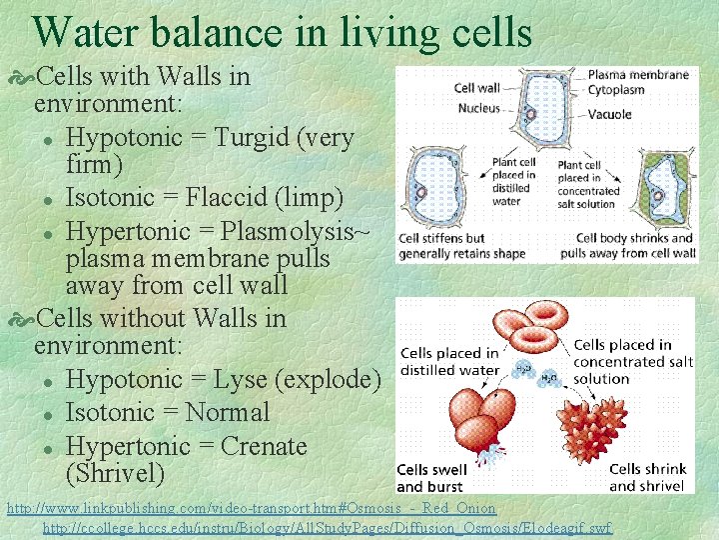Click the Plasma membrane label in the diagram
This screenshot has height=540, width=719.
tap(638, 74)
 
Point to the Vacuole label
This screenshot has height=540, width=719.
tap(610, 114)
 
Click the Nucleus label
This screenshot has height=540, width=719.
tap(479, 108)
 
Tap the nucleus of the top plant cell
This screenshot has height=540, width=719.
tap(531, 113)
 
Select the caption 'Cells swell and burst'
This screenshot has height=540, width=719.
tap(430, 478)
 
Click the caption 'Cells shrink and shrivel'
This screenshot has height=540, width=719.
tap(647, 477)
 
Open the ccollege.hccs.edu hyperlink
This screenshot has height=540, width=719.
tap(328, 527)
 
